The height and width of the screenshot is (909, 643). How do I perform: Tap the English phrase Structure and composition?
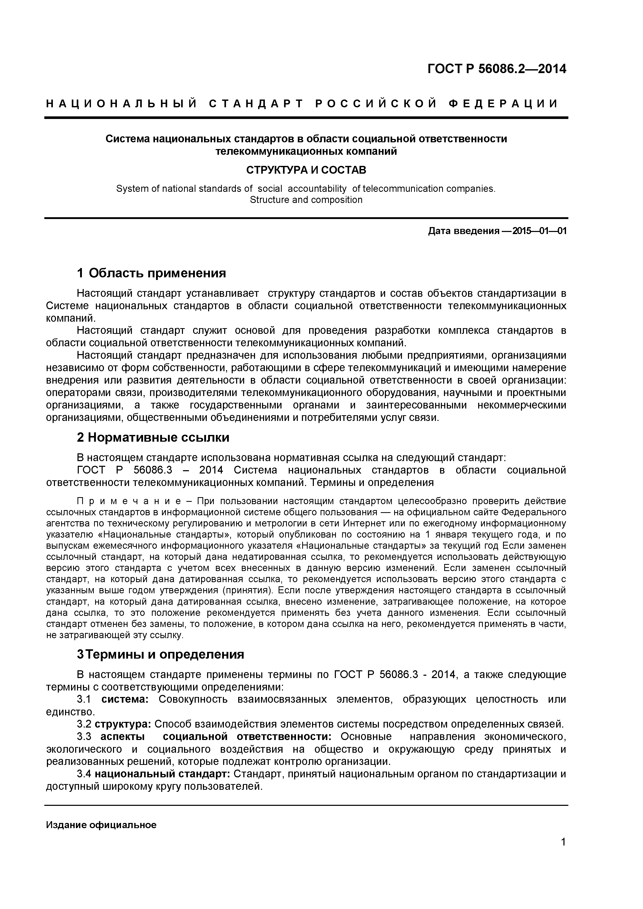306,200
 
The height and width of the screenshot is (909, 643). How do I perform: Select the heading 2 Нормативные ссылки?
153,438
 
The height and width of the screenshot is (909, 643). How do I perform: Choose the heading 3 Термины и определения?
160,654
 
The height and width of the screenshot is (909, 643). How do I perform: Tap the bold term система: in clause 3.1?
125,699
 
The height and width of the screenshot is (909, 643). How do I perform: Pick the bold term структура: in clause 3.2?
123,724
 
